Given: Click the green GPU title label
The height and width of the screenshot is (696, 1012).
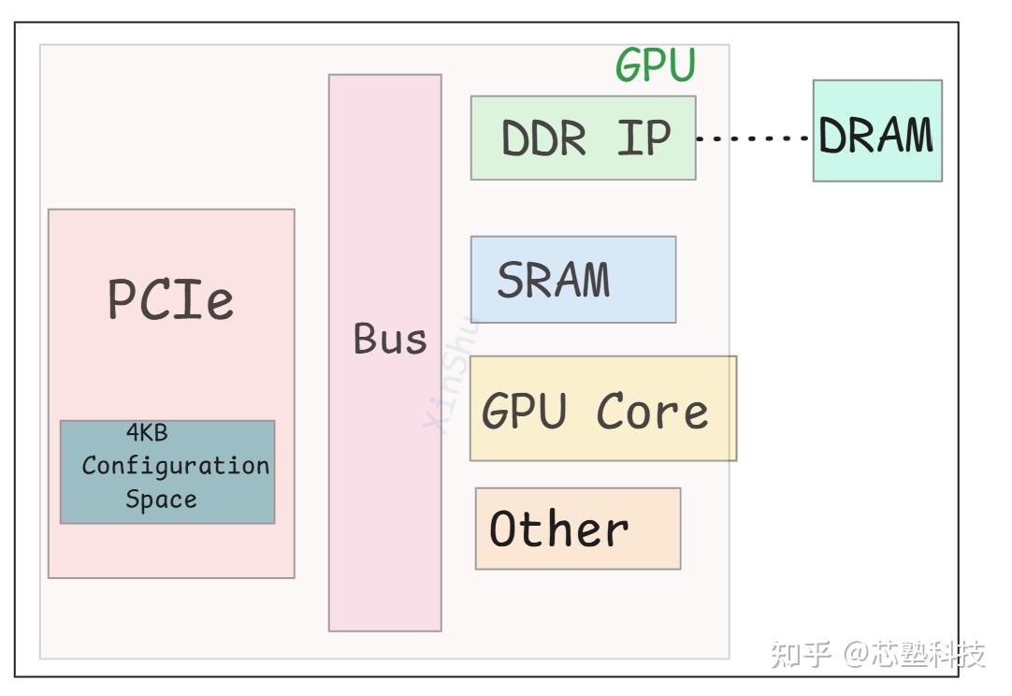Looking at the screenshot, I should click(x=656, y=65).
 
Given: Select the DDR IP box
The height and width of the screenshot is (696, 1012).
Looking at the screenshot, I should click(x=583, y=138).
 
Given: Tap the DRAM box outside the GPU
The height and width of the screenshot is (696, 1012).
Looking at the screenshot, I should click(x=876, y=131).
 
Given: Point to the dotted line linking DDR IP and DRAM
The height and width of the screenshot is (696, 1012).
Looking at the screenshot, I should click(x=753, y=138).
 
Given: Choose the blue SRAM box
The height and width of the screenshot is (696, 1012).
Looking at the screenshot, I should click(x=572, y=280).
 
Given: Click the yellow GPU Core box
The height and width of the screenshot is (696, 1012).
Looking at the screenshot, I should click(x=602, y=409).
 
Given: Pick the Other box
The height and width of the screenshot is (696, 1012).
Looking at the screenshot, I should click(x=577, y=529).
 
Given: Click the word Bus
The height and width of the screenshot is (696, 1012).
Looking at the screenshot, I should click(x=389, y=339).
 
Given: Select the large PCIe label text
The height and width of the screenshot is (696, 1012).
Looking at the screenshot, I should click(x=170, y=299).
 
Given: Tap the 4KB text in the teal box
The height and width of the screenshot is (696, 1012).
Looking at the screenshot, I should click(x=147, y=433).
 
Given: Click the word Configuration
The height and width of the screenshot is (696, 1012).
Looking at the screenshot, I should click(x=175, y=466).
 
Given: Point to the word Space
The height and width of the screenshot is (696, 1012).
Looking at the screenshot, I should click(x=161, y=500).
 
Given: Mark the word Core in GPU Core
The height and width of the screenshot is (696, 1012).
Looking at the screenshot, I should click(x=652, y=412).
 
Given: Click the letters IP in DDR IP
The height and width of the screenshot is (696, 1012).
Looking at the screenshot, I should click(x=643, y=138).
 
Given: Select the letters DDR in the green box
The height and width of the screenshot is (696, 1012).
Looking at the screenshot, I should click(x=543, y=138).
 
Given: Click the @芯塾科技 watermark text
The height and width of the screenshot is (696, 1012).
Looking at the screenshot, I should click(x=914, y=654).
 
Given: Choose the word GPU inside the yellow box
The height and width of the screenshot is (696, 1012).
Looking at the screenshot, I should click(x=524, y=412).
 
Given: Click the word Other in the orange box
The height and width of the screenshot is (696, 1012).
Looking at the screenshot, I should click(x=558, y=529).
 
